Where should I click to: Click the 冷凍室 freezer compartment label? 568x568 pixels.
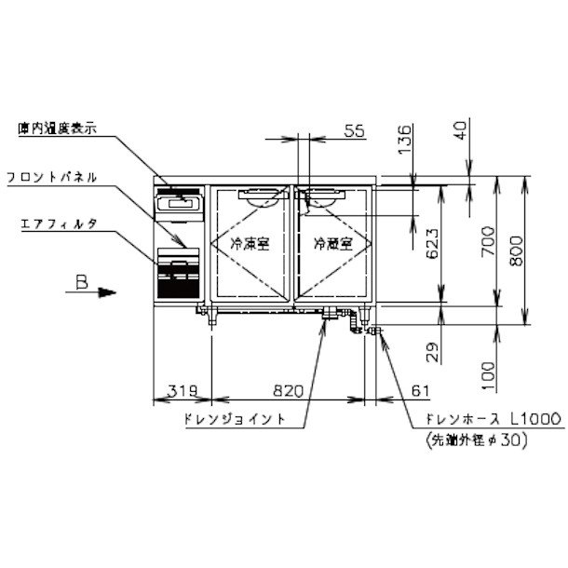pyautogui.click(x=249, y=245)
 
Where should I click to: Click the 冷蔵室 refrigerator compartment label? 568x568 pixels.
pyautogui.click(x=331, y=245)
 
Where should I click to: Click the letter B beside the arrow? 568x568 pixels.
pyautogui.click(x=82, y=287)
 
